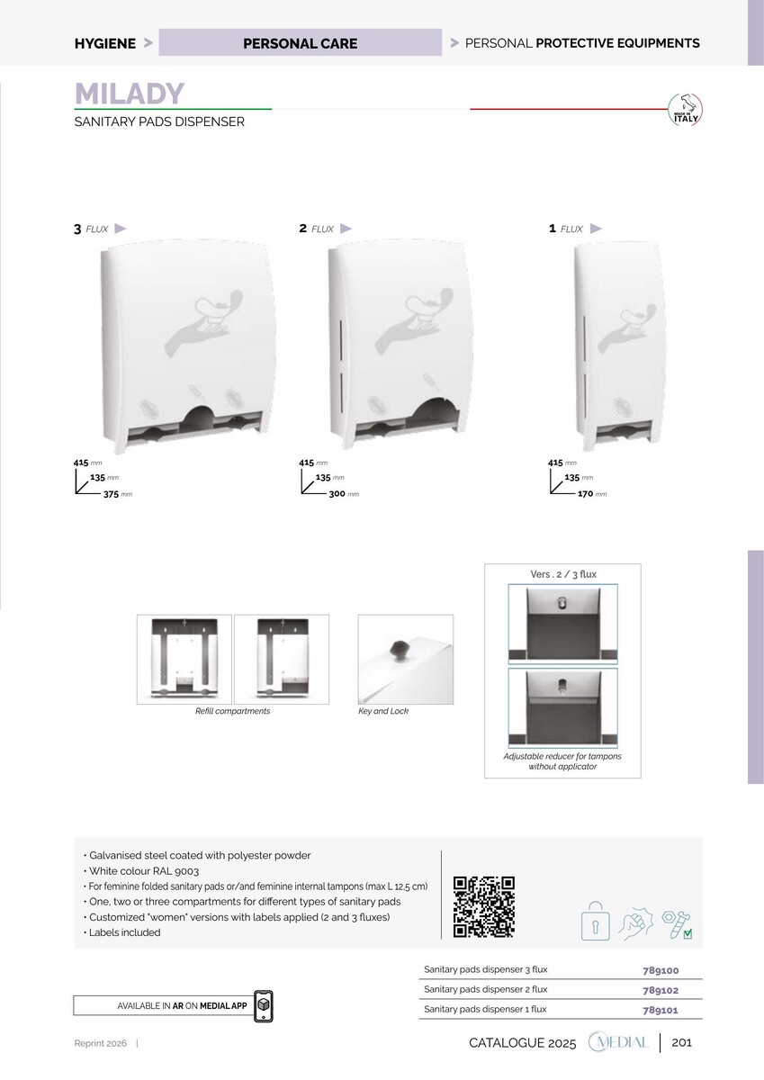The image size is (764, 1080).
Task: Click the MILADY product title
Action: [130, 94]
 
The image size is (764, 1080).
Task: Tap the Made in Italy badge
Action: [685, 110]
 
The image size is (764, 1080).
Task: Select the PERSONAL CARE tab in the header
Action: [300, 42]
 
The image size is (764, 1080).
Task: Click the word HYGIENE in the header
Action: [105, 43]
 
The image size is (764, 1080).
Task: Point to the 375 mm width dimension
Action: [118, 494]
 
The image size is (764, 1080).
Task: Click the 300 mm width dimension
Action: [344, 494]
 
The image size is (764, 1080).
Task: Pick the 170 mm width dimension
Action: [592, 494]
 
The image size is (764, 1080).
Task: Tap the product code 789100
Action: [661, 970]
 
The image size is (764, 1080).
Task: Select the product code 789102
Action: [661, 990]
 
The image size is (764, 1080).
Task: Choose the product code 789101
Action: [661, 1010]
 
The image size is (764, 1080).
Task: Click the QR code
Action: [484, 907]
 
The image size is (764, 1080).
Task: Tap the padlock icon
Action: [596, 921]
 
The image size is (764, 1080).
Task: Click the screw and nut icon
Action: [678, 924]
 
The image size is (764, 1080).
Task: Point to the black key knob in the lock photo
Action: [399, 649]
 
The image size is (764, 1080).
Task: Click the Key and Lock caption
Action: [383, 711]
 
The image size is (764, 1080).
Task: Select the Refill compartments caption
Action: [232, 711]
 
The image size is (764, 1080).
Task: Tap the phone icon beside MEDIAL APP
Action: [263, 1006]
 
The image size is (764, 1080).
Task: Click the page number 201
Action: [681, 1043]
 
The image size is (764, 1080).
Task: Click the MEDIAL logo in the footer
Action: [619, 1042]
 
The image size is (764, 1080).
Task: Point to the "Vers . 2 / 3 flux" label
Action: [563, 574]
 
